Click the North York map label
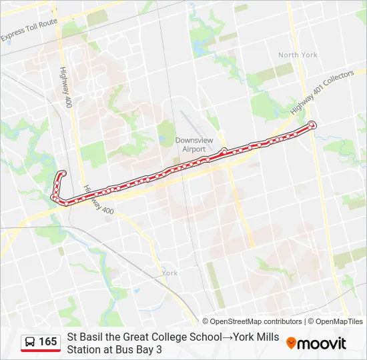click(x=298, y=55)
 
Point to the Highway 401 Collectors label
click(x=321, y=93)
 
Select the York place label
click(x=170, y=273)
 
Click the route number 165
click(x=47, y=342)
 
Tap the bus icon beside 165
click(x=30, y=342)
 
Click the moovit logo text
click(x=322, y=343)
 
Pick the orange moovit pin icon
click(x=291, y=343)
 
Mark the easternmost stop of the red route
click(x=312, y=125)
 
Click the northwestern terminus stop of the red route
click(x=63, y=174)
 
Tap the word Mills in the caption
click(x=266, y=337)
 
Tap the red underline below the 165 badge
click(x=41, y=351)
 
